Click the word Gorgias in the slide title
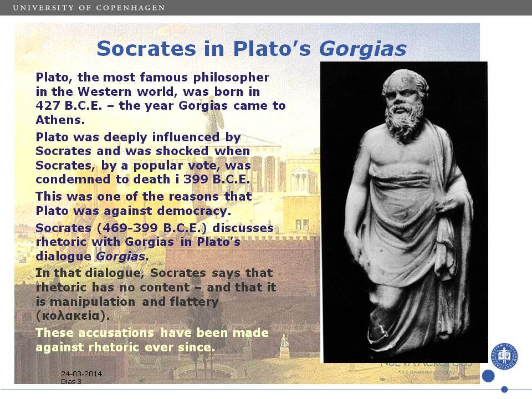click(x=362, y=49)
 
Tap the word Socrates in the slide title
click(x=146, y=49)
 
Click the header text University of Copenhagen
click(x=89, y=7)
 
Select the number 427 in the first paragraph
click(x=48, y=105)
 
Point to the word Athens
click(x=60, y=120)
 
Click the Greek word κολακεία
click(x=73, y=316)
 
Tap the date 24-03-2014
click(x=81, y=374)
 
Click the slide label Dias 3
click(x=71, y=381)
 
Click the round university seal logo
click(x=504, y=356)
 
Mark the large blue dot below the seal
click(x=488, y=376)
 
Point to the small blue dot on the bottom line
click(x=504, y=389)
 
